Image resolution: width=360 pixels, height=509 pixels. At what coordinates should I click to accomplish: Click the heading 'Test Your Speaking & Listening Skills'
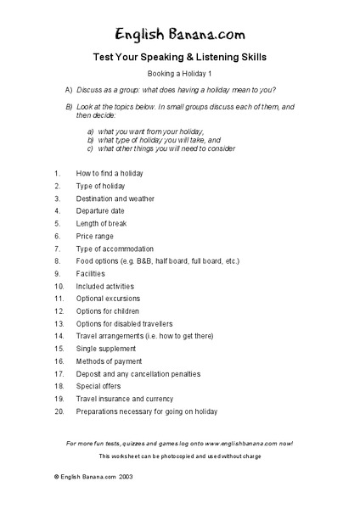click(179, 59)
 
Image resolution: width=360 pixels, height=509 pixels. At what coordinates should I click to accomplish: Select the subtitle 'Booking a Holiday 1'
click(179, 75)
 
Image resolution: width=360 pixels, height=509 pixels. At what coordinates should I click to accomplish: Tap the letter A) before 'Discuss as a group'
click(69, 89)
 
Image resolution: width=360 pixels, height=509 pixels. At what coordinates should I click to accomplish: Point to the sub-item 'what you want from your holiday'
click(151, 131)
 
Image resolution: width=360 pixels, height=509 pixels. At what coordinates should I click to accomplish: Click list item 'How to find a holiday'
click(110, 173)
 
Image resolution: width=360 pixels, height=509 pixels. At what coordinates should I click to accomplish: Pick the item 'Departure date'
click(100, 210)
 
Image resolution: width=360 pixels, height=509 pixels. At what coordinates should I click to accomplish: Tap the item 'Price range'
click(94, 236)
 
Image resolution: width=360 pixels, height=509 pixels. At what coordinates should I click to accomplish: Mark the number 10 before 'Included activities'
click(59, 287)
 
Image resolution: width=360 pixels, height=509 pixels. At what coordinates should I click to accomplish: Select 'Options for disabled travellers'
click(124, 324)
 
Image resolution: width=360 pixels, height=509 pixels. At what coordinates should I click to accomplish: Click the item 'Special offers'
click(98, 387)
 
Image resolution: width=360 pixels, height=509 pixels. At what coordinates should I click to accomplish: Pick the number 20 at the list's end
click(59, 411)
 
